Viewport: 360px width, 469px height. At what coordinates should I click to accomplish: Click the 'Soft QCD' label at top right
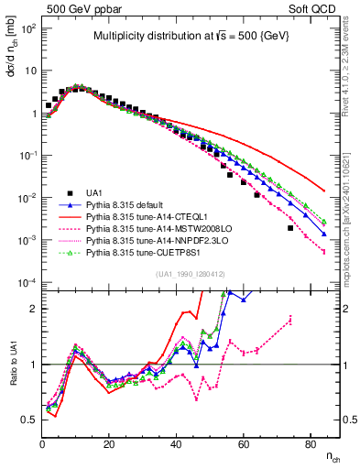click(317, 8)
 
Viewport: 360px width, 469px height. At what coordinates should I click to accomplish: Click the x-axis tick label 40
click(177, 443)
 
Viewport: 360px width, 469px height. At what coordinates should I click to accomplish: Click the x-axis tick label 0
click(43, 443)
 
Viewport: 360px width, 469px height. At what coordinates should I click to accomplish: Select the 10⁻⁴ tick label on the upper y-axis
click(27, 281)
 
